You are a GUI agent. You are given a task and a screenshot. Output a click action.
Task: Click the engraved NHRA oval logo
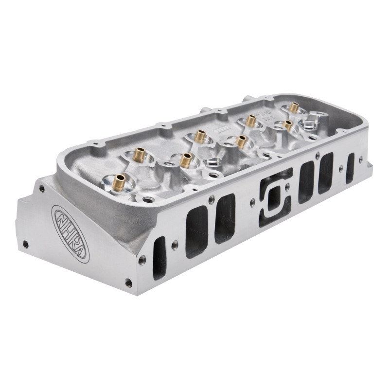point(71,233)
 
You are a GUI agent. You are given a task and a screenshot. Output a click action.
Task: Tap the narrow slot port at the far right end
point(350,168)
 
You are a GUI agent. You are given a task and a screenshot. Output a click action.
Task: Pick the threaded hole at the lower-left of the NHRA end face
point(25,244)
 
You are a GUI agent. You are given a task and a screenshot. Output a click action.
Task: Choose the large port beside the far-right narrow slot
point(326,173)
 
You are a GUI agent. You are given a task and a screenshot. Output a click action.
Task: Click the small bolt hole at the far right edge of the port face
point(361,159)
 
